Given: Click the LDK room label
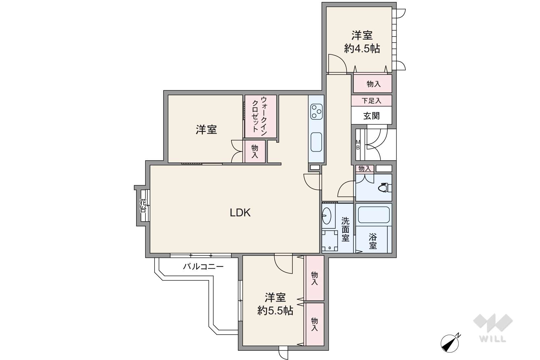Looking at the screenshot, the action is tap(240, 213).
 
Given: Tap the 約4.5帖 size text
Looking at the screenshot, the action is tap(362, 49).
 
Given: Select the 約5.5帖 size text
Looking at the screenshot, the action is tap(275, 311).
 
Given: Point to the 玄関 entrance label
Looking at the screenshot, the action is tap(372, 116).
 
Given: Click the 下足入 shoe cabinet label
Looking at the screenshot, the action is tap(372, 101).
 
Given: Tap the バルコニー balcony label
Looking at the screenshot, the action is tap(203, 266).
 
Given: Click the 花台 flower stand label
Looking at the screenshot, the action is tap(143, 205).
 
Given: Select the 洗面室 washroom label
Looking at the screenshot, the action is tap(345, 229).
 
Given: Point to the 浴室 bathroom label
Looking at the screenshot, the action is tap(373, 241).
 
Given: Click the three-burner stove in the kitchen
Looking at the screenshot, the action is tap(316, 112).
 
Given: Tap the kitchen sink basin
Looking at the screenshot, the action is tap(316, 142).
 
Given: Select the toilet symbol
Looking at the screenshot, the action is tap(385, 188).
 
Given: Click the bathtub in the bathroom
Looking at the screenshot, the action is tap(374, 215).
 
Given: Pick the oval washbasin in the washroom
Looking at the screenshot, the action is tap(327, 216).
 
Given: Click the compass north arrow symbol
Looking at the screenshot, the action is tap(450, 343).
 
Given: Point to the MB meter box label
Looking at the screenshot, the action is tap(358, 145).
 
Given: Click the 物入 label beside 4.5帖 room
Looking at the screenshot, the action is tap(374, 84).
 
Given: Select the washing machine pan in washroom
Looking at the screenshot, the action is tap(330, 241).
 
